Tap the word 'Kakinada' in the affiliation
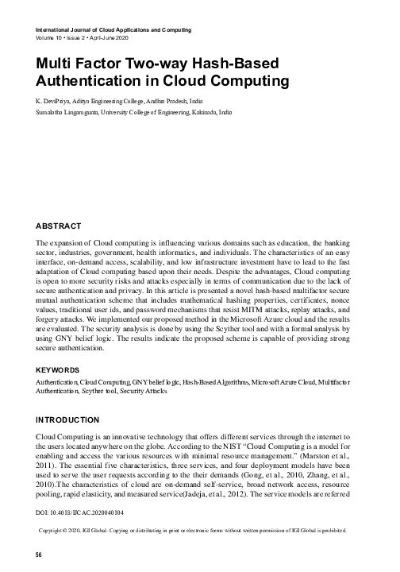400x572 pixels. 189,114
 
